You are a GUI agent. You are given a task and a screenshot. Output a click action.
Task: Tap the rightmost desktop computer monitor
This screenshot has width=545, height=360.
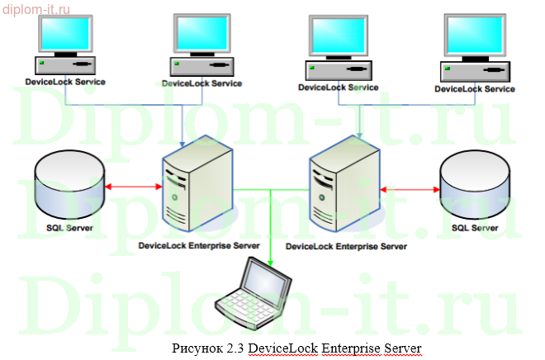point(474,38)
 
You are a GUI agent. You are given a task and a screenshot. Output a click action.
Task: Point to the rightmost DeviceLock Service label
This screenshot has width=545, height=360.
point(475,88)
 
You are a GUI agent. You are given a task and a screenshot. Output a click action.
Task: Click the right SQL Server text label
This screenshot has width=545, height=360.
point(475,227)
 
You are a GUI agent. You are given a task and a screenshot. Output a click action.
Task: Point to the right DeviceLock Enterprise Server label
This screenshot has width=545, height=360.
point(346,246)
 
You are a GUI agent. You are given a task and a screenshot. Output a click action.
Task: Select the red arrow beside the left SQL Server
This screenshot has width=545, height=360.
point(133,187)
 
